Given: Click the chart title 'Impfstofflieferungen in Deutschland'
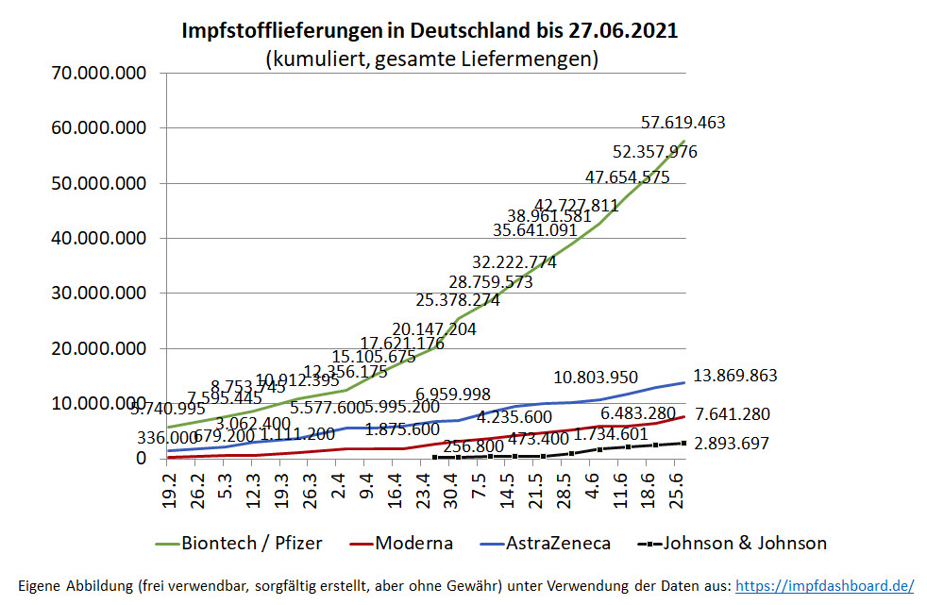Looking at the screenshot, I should click(430, 31).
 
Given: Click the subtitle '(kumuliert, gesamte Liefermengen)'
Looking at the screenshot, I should click(431, 59).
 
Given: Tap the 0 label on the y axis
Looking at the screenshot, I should click(141, 459).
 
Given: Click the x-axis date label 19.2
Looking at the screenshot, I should click(170, 491).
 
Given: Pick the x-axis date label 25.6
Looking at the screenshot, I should click(677, 491).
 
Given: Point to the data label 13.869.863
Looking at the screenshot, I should click(734, 376).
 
